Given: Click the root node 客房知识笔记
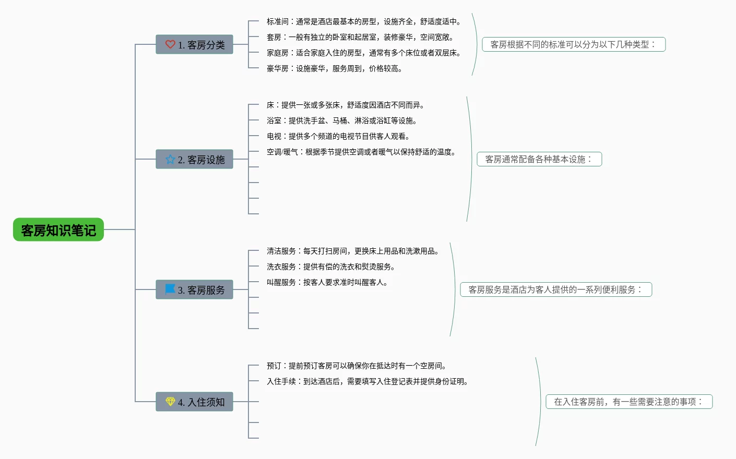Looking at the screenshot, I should (x=58, y=230).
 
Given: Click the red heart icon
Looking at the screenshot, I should (x=170, y=44).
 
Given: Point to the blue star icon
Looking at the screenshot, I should (x=170, y=159).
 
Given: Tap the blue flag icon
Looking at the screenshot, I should (x=170, y=289).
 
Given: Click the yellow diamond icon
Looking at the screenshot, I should (x=170, y=401).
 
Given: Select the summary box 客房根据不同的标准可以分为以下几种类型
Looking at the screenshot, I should (x=573, y=44).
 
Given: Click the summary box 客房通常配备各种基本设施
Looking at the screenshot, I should (x=539, y=159).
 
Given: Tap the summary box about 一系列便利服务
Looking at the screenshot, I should (x=555, y=289).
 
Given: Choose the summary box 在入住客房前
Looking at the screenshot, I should (x=628, y=402).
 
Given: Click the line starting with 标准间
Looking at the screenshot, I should (x=364, y=21).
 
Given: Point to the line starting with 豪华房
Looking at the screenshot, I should (x=335, y=68).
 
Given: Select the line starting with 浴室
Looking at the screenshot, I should (x=342, y=120).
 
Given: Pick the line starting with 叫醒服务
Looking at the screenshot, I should (x=327, y=282).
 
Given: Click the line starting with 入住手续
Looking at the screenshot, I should (x=368, y=381).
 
